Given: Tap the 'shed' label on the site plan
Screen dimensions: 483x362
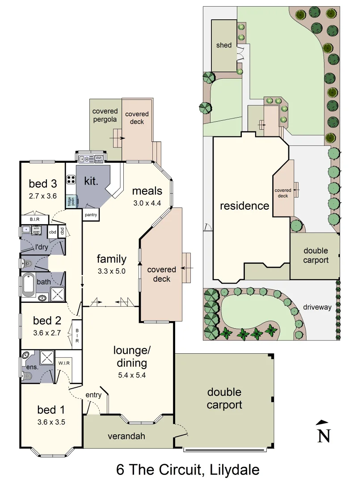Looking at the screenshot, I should pos(223,45).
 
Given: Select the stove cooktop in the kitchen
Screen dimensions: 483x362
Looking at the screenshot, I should pos(71,180).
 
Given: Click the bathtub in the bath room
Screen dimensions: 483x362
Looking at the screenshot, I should pos(29,285).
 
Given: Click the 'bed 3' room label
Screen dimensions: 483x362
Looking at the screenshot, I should pos(43,183).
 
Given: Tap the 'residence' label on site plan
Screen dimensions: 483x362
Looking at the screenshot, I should pos(244,206).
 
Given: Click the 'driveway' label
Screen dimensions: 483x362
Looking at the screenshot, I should pos(317,307).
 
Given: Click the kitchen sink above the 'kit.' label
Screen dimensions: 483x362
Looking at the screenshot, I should pos(84,159).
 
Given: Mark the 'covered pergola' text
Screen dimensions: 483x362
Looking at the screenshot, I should pos(105,115).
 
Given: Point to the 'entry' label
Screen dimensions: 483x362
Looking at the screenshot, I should pos(93,395).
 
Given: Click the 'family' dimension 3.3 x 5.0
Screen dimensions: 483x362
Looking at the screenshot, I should pos(112,271).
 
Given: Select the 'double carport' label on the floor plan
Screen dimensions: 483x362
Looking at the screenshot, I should pos(224,398).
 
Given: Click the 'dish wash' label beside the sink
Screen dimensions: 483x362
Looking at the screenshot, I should pos(99,159).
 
